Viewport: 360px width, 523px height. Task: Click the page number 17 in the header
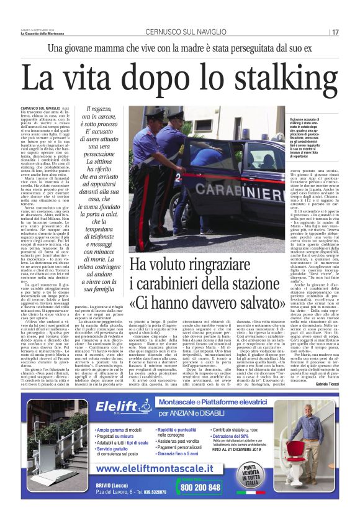click(335, 32)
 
